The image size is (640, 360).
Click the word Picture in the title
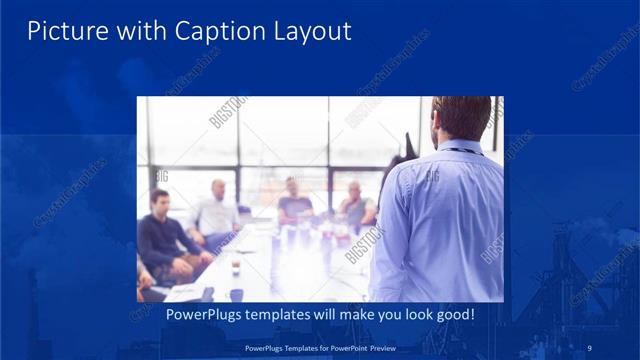[60, 32]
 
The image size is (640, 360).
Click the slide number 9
[591, 347]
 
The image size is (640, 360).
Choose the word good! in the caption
[451, 314]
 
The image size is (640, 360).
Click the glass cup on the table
[236, 264]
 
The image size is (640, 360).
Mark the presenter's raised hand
[409, 145]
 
